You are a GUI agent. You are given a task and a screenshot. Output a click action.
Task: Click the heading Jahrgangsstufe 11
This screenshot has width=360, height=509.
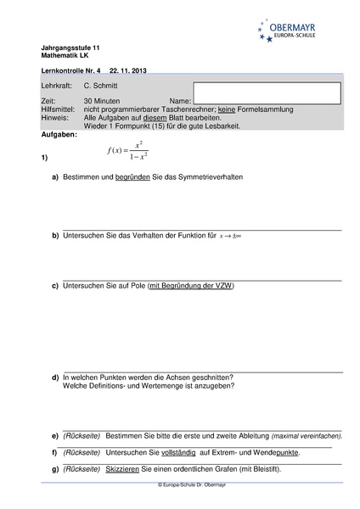pyautogui.click(x=69, y=47)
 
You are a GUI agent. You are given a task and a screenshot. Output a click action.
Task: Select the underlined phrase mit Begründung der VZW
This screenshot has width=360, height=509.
pyautogui.click(x=191, y=286)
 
